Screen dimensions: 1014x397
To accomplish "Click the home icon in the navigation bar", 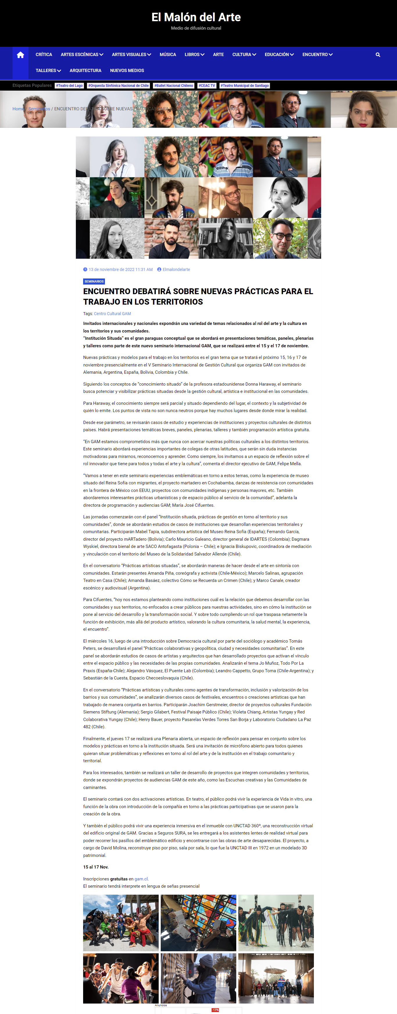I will pos(20,55).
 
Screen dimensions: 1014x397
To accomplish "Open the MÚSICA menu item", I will pos(168,55).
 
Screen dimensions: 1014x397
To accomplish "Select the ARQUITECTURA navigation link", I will pos(85,71).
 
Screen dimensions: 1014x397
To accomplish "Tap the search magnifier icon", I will pos(378,55).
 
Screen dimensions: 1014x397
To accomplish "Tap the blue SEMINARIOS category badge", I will pos(94,281).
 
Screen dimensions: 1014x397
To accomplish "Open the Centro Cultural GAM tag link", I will pos(112,314).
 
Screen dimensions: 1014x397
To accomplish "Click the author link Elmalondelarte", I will pos(176,270).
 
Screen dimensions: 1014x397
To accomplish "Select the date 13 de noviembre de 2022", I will pos(120,270).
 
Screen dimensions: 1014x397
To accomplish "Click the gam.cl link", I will pos(141,879).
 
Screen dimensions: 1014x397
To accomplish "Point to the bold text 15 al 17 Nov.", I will pos(96,867).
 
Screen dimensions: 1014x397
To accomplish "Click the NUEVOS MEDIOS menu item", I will pos(127,71).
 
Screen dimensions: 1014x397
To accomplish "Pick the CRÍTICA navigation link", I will pos(44,55).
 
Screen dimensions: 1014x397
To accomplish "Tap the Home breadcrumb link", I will pos(18,109).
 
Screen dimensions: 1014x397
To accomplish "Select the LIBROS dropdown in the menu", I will pos(194,55).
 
